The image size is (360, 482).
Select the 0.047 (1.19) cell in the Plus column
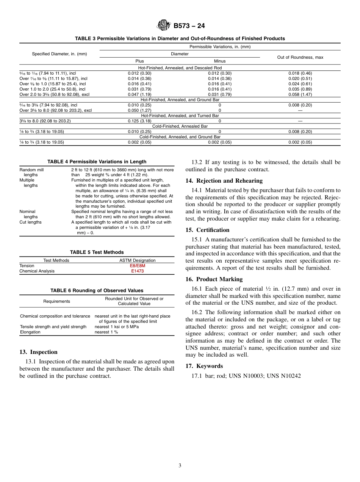(139, 94)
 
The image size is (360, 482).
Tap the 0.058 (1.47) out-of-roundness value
(300, 94)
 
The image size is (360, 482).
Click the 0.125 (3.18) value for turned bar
(139, 121)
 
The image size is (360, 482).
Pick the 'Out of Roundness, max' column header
(300, 57)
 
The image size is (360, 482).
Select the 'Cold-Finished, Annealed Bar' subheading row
(180, 126)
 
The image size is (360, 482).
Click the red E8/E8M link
(137, 266)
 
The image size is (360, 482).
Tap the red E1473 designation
(137, 271)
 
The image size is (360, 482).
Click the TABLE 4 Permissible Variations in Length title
(97, 162)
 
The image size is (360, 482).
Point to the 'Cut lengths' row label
(31, 222)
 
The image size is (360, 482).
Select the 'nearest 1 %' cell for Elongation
(106, 332)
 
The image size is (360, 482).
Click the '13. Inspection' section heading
(38, 352)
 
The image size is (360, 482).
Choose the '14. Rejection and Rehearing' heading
(224, 181)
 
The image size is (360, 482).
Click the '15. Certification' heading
(207, 230)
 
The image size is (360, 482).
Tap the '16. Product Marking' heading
(214, 279)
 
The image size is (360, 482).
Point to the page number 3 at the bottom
(180, 466)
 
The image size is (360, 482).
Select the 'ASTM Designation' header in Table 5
(137, 260)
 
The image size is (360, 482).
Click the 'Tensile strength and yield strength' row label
(53, 327)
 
